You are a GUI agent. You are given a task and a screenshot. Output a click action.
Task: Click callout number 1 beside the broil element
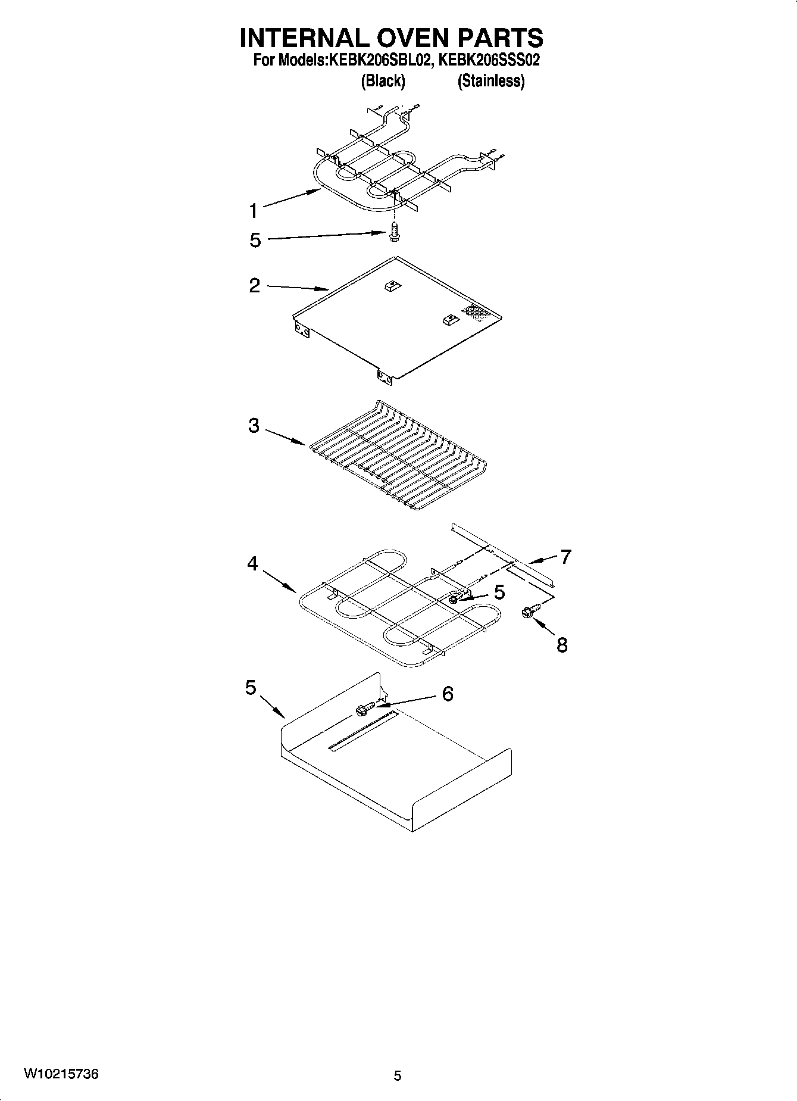254,211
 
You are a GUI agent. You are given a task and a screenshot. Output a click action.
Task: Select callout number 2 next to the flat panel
254,286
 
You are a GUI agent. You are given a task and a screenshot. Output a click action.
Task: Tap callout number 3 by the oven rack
254,426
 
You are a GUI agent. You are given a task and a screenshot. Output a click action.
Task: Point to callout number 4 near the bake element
253,563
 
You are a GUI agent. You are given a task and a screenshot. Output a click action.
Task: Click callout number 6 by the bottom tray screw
448,694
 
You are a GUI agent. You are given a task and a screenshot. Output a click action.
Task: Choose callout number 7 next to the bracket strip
565,557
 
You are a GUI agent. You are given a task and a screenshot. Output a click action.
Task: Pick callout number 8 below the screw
562,645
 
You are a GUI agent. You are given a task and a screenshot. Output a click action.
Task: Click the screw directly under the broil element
393,232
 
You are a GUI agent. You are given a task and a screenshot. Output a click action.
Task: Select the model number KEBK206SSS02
489,60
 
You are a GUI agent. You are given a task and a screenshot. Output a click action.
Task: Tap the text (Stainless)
490,82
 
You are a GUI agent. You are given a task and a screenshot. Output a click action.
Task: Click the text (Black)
383,82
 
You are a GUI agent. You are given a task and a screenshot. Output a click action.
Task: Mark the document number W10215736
61,1074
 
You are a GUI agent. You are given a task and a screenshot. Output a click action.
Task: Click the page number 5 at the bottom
398,1075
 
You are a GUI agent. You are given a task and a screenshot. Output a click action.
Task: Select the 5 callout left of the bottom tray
251,688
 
